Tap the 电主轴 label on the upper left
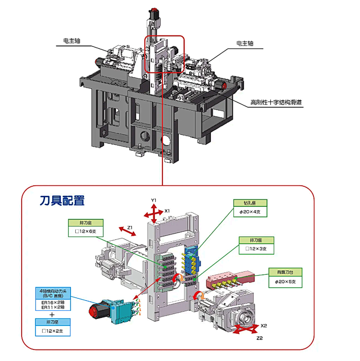coord(71,41)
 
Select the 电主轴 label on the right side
coord(244,44)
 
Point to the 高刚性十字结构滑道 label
coord(278,102)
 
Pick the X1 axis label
coord(167,210)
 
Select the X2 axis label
coord(264,326)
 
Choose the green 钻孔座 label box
coord(250,203)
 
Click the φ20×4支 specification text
coord(250,212)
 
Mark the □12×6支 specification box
coord(85,231)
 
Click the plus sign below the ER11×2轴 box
coord(52,315)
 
